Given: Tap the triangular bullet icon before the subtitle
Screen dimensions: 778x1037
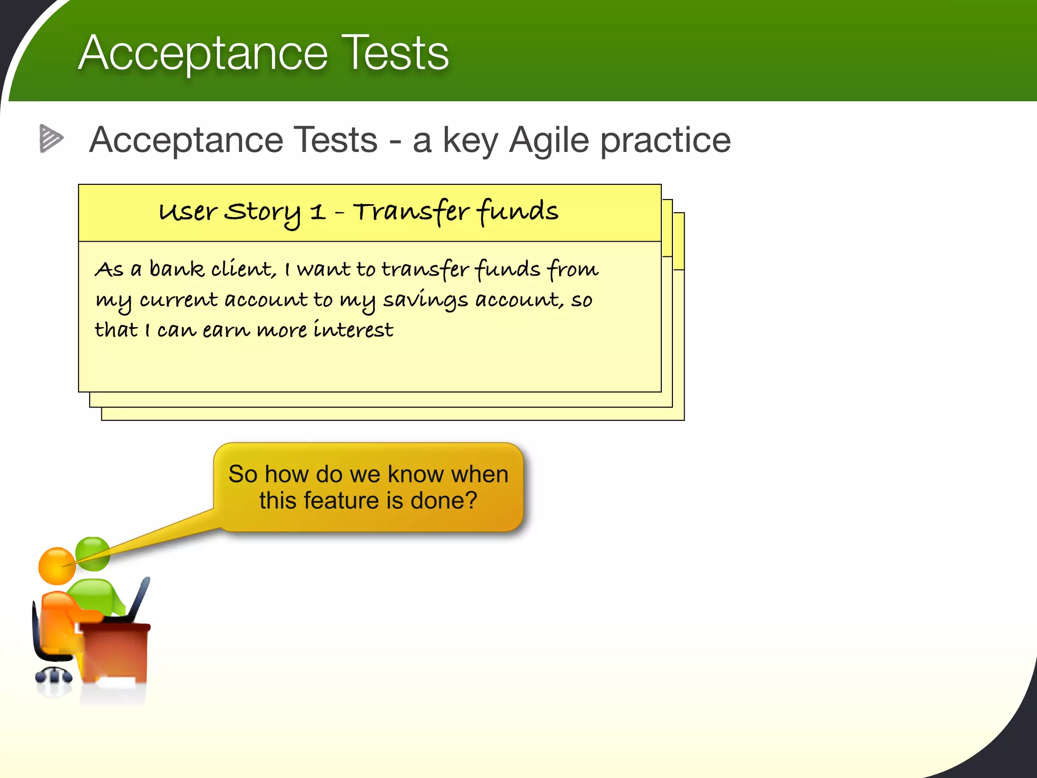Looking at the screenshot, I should click(x=51, y=138).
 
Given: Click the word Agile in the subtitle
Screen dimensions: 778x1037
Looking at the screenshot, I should click(x=549, y=140).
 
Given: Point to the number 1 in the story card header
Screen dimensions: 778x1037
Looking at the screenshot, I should click(x=317, y=212).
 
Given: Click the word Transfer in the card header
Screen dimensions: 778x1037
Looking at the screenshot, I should click(x=411, y=212).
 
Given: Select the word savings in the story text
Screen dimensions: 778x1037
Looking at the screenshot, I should click(x=425, y=300).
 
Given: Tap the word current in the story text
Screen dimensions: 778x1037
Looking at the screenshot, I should click(x=178, y=300).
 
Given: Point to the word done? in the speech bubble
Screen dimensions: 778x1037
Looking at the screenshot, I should click(x=444, y=501).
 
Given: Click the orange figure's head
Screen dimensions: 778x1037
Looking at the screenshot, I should click(x=56, y=566).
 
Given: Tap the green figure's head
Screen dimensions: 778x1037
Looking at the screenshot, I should click(x=94, y=553).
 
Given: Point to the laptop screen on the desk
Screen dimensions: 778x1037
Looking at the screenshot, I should click(x=139, y=598).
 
